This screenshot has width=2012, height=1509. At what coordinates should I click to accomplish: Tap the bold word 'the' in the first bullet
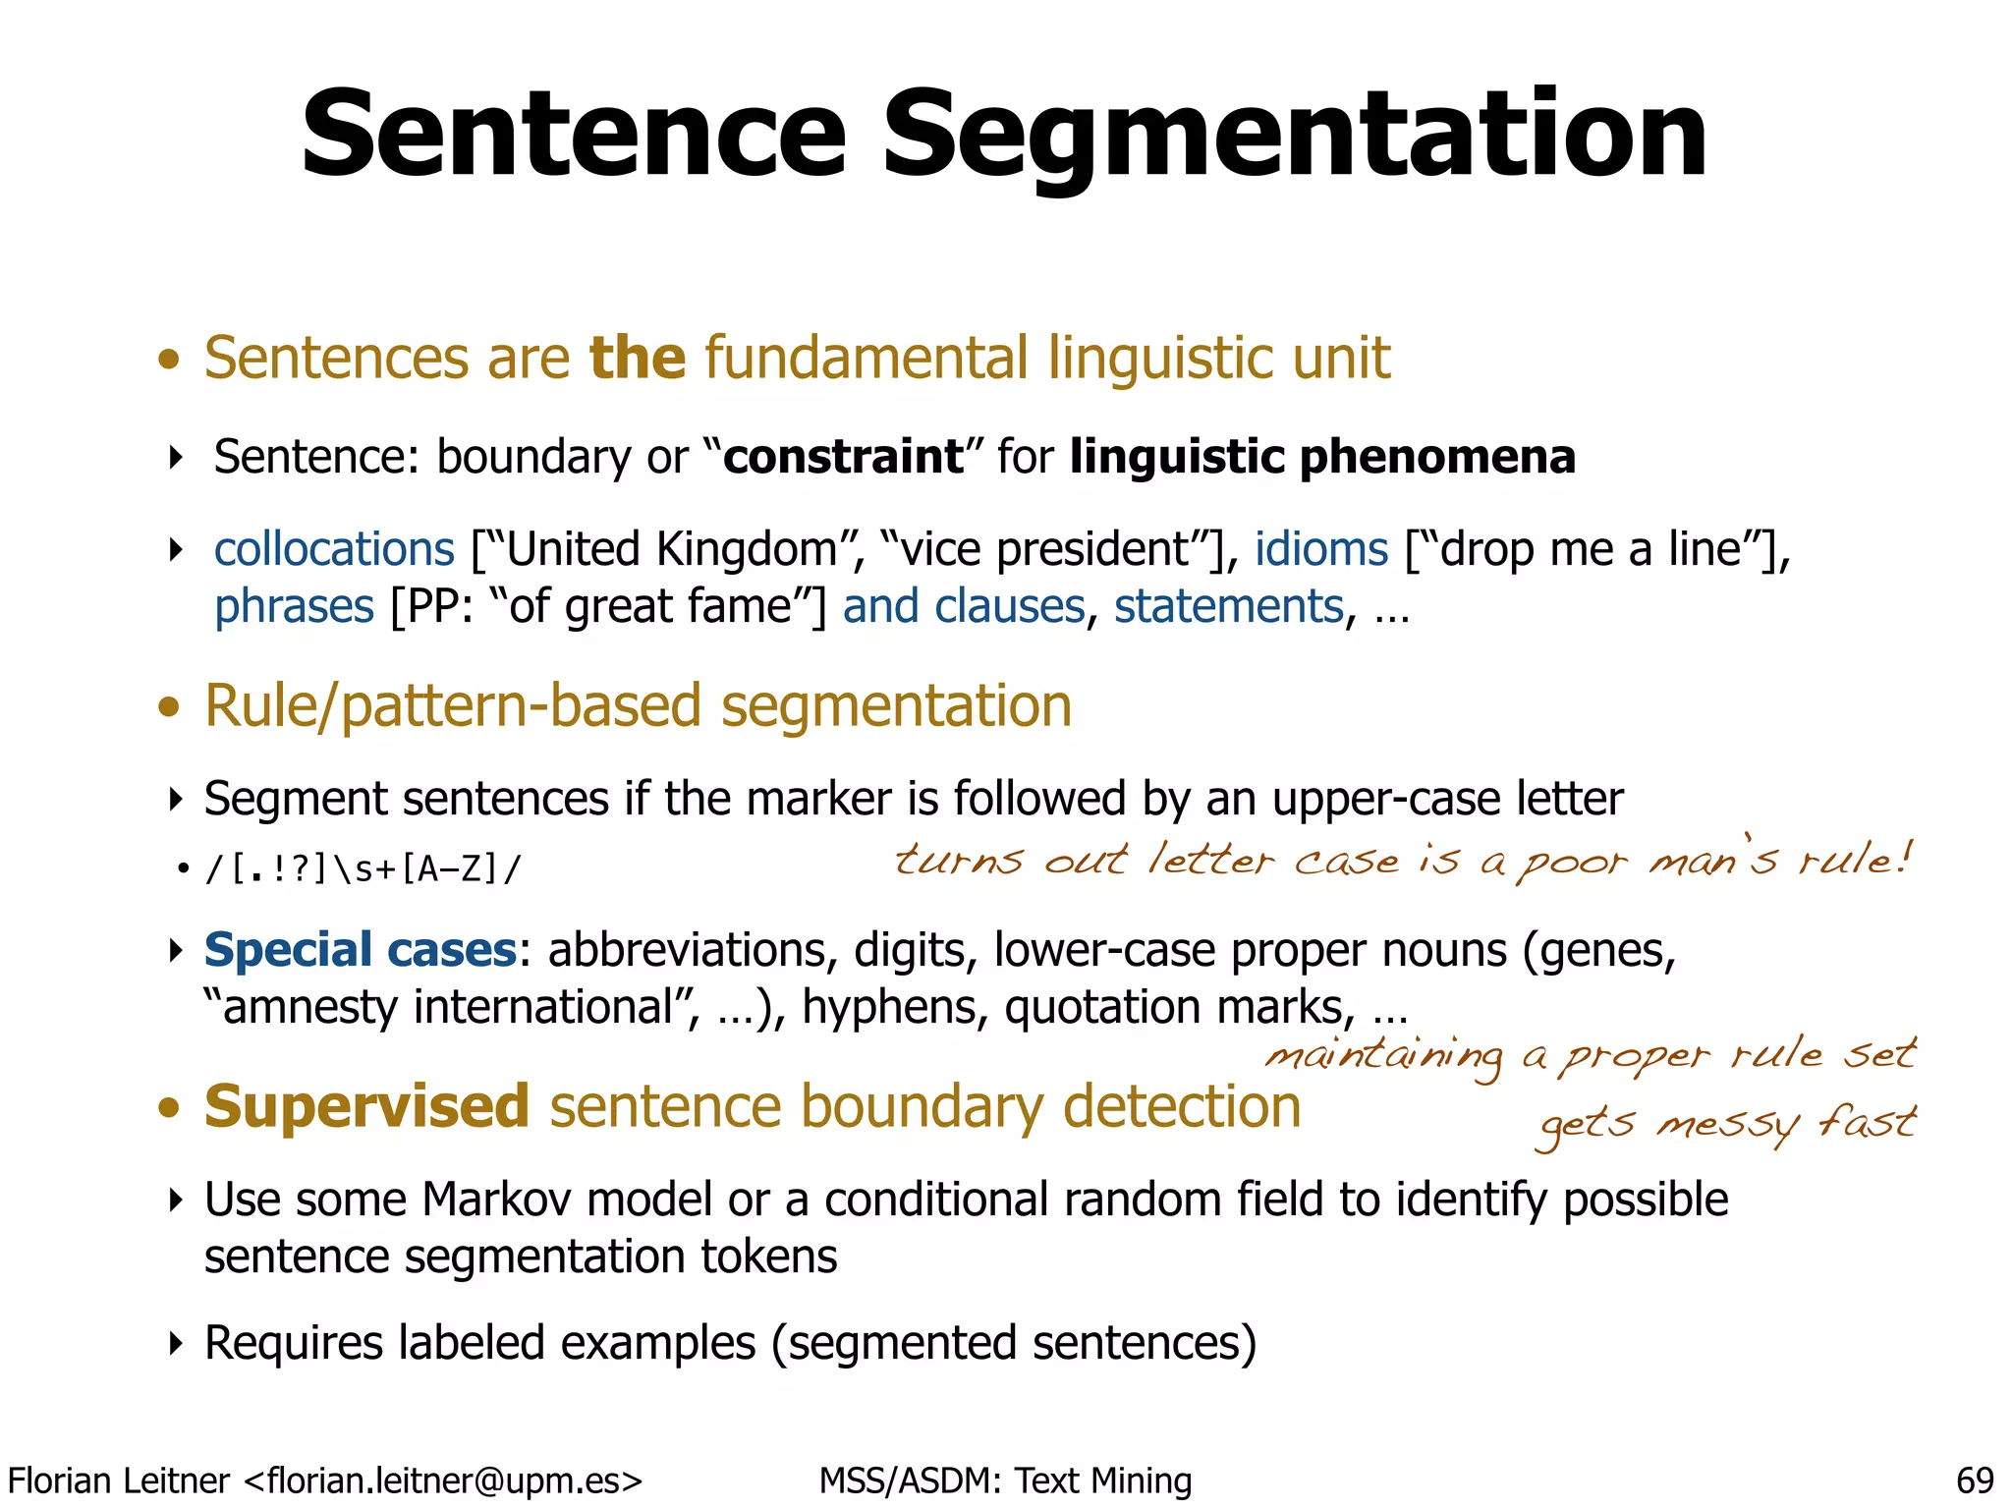[637, 357]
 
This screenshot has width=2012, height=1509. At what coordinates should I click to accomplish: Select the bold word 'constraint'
[843, 457]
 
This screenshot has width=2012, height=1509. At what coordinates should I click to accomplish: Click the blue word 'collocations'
[334, 548]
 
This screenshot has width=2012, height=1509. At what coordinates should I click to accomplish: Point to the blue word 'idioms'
[1320, 548]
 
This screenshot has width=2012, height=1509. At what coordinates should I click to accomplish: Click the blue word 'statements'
[1228, 606]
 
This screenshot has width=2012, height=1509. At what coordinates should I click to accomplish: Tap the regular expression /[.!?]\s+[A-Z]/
[363, 869]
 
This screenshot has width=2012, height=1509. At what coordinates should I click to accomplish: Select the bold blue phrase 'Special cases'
[360, 950]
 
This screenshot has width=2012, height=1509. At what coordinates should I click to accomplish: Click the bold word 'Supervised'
[366, 1106]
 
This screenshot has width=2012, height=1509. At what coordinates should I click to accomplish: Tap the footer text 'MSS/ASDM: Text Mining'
[1005, 1481]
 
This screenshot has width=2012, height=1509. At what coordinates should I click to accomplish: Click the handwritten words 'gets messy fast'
[1726, 1124]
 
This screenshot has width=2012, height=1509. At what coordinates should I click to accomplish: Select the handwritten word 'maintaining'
[1384, 1057]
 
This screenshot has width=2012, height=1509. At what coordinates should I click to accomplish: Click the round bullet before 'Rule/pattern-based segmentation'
[170, 706]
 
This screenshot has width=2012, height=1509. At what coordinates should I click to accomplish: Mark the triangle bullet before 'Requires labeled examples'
[176, 1343]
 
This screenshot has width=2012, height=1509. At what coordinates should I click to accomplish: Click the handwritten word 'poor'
[1571, 863]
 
